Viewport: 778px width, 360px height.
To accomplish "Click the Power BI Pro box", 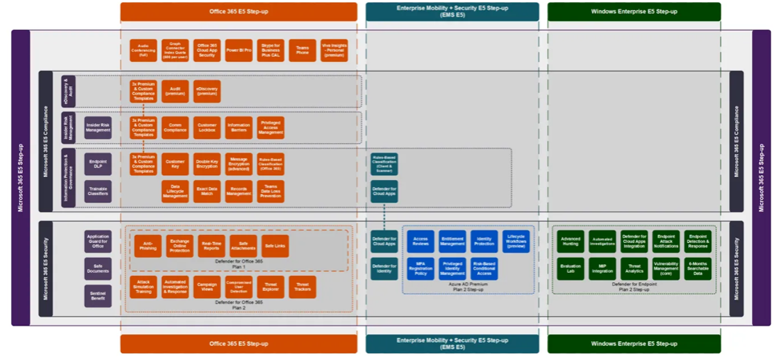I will point(239,50).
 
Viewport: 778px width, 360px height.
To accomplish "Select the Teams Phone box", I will point(303,50).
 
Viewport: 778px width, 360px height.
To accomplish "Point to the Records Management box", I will point(239,191).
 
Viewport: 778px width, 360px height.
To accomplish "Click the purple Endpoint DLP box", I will point(97,163).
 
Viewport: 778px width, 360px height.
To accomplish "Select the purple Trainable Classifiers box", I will point(97,191).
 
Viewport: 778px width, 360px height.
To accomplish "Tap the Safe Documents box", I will point(97,269).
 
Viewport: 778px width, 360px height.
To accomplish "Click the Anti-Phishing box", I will point(148,246).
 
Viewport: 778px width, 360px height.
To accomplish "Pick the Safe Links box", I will point(274,246).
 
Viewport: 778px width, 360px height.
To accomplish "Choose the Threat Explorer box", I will point(270,287).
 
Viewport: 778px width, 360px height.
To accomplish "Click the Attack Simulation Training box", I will point(144,287).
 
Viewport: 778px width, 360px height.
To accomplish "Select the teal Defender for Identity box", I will point(384,269).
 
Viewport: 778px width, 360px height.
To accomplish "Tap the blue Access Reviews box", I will point(420,241).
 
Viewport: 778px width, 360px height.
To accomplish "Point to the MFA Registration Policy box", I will point(420,269).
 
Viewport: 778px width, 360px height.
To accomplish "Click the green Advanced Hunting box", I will point(571,241).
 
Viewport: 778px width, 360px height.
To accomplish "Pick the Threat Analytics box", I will point(634,269).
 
